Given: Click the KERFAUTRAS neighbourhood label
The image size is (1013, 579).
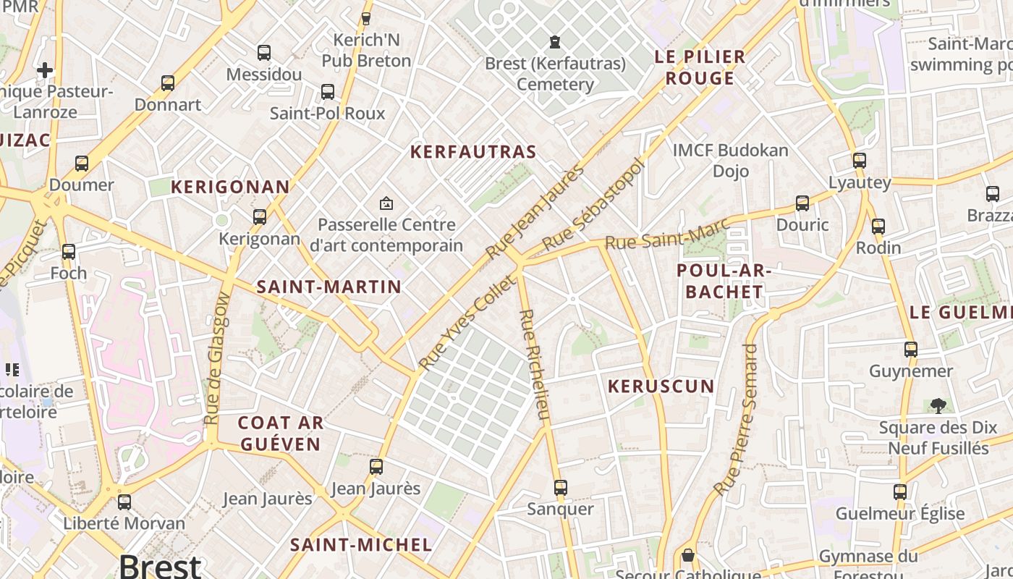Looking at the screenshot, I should [x=473, y=152].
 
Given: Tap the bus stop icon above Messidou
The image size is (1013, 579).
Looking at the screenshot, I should [x=264, y=53].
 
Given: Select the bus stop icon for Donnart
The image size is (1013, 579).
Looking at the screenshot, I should [x=168, y=83].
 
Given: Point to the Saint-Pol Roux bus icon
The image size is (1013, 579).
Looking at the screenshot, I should [x=328, y=92].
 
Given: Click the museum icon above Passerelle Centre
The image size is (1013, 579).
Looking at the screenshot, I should [x=386, y=203].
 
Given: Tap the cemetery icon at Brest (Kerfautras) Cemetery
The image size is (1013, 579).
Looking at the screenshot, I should [x=555, y=43].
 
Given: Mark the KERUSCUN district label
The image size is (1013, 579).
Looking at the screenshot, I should [x=661, y=386].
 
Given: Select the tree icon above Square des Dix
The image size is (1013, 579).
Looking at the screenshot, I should [x=938, y=406].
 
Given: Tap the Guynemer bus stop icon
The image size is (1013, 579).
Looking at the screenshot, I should [x=911, y=350].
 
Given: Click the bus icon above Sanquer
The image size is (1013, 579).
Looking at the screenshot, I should [x=560, y=488].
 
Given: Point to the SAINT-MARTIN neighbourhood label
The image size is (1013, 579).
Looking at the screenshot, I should [x=329, y=287].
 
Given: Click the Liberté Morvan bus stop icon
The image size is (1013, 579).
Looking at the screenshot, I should [x=124, y=502].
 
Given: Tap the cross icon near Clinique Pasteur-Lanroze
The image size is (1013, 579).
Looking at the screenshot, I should [x=45, y=70].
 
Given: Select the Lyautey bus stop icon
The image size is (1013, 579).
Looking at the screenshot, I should [x=860, y=161].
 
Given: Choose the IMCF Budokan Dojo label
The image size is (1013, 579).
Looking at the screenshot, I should [x=731, y=161].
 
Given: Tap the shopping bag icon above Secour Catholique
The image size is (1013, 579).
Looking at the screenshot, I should [x=687, y=556].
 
